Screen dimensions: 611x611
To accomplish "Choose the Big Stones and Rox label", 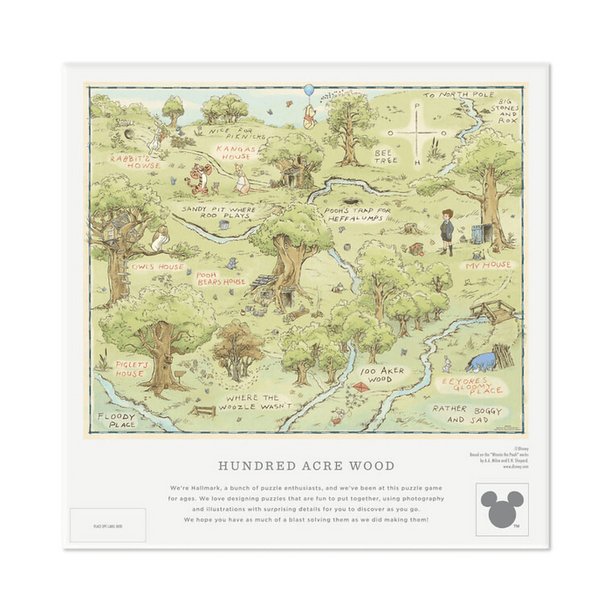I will click(x=509, y=111).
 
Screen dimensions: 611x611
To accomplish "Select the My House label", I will click(x=487, y=264).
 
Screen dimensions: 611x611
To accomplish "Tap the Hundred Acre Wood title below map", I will click(x=305, y=466).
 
